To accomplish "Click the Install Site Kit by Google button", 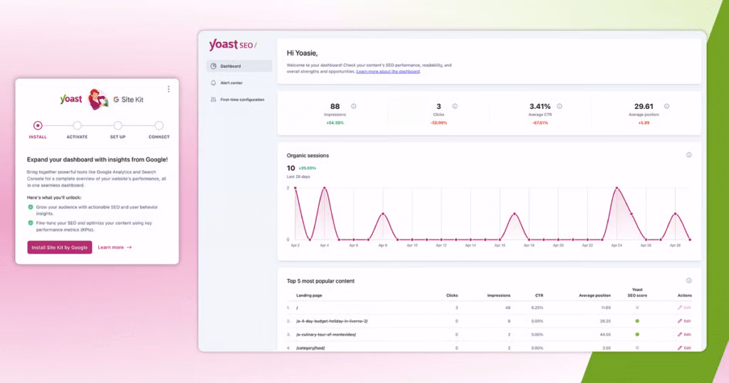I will click(60, 247).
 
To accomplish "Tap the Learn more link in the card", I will click(115, 247).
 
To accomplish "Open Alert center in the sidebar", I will click(231, 83).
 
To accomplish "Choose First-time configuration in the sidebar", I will click(241, 100).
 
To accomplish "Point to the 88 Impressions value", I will click(335, 106).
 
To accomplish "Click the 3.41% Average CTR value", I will click(540, 106).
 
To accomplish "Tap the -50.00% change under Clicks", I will click(439, 122).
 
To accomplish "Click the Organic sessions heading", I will click(308, 155).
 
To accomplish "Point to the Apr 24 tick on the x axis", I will click(617, 245).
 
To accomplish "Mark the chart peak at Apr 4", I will click(325, 188).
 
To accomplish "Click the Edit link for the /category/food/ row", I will click(684, 347).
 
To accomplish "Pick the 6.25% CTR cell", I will click(538, 308).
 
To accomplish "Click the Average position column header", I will click(595, 295).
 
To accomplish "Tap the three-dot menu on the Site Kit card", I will click(169, 89).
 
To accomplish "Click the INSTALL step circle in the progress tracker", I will click(38, 125).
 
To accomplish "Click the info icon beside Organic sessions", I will click(688, 155).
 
